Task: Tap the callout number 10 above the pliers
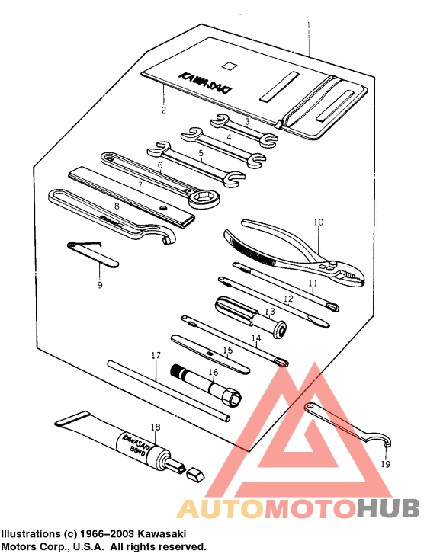coord(319,222)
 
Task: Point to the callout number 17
coord(156,355)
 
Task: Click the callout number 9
coord(98,285)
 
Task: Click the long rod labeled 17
coord(168,389)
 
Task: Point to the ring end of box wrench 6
coord(205,200)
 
